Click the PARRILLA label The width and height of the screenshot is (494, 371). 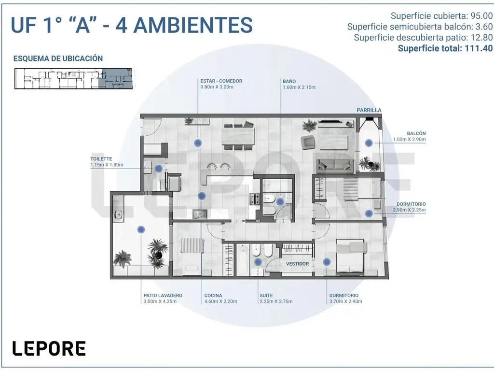[x=369, y=110]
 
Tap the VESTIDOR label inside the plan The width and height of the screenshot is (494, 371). [x=297, y=264]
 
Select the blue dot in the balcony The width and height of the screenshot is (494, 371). [x=369, y=143]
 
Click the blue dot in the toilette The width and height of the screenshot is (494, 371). [x=158, y=169]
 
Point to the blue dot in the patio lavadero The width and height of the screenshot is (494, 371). [x=141, y=229]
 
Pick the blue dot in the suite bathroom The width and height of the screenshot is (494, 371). [x=258, y=262]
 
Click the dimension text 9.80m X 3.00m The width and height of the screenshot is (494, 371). [x=217, y=87]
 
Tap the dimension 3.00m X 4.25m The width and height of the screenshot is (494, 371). [x=160, y=301]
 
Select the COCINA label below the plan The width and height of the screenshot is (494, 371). [x=213, y=296]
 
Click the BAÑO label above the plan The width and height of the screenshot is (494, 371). [x=289, y=81]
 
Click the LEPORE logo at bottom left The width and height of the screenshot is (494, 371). [x=49, y=348]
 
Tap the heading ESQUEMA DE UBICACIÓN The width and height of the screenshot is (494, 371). [x=58, y=58]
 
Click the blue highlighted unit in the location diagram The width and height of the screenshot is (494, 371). [x=115, y=78]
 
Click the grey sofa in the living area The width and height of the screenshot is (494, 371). [x=334, y=165]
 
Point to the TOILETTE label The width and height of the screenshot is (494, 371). [x=101, y=159]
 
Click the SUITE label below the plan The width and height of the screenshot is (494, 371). [x=266, y=296]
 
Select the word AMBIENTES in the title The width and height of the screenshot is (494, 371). [x=193, y=25]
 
